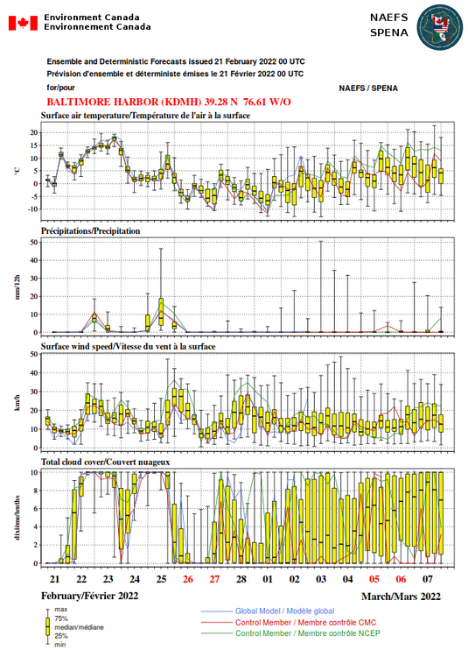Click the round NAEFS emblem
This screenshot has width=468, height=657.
click(439, 28)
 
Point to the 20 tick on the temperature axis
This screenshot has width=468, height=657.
click(33, 132)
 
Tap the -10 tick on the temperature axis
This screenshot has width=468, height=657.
click(32, 209)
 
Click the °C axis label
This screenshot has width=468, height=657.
click(17, 171)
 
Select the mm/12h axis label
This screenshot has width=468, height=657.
click(17, 287)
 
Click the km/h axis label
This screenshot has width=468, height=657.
click(17, 403)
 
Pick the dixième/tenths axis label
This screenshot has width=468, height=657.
click(17, 518)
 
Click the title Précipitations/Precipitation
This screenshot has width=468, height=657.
click(90, 231)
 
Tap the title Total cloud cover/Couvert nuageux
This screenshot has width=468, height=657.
click(105, 462)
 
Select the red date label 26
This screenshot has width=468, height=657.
click(188, 579)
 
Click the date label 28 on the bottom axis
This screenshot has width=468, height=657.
click(241, 579)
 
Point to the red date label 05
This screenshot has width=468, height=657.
click(374, 579)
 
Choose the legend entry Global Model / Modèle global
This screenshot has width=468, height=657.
click(285, 611)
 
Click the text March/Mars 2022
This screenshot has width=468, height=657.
click(402, 597)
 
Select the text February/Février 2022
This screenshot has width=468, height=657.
click(89, 596)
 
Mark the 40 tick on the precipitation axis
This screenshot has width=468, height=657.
click(33, 260)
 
